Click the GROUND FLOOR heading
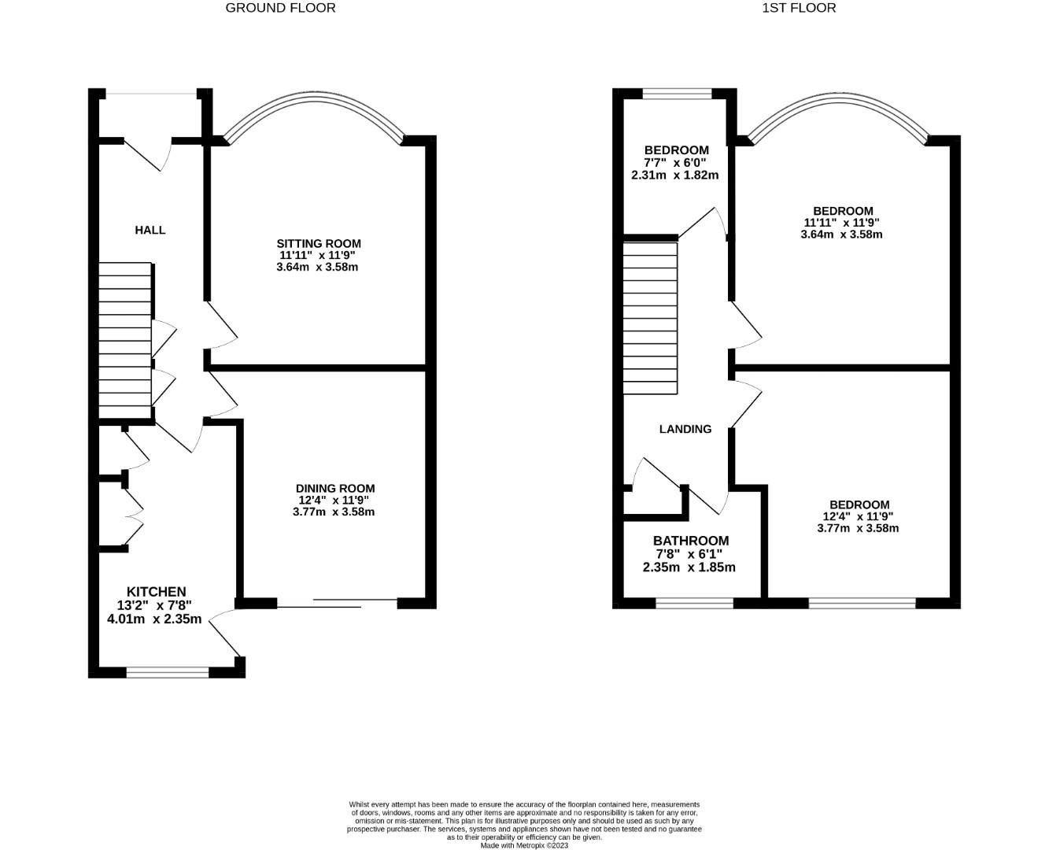pyautogui.click(x=280, y=8)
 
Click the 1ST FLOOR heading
pyautogui.click(x=799, y=8)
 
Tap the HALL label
pyautogui.click(x=150, y=230)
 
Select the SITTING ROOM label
pyautogui.click(x=318, y=243)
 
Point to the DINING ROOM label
pyautogui.click(x=335, y=488)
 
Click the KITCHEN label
pyautogui.click(x=157, y=592)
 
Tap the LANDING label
pyautogui.click(x=685, y=429)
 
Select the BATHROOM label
pyautogui.click(x=690, y=541)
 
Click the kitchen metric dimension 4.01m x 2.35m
pyautogui.click(x=154, y=619)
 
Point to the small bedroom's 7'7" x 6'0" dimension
pyautogui.click(x=675, y=162)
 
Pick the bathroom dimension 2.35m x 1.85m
pyautogui.click(x=689, y=567)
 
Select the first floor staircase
pyautogui.click(x=650, y=318)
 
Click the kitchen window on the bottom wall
pyautogui.click(x=168, y=672)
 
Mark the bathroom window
pyautogui.click(x=694, y=604)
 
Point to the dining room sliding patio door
pyautogui.click(x=337, y=604)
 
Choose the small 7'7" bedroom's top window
pyautogui.click(x=677, y=94)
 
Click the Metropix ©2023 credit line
pyautogui.click(x=524, y=845)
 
